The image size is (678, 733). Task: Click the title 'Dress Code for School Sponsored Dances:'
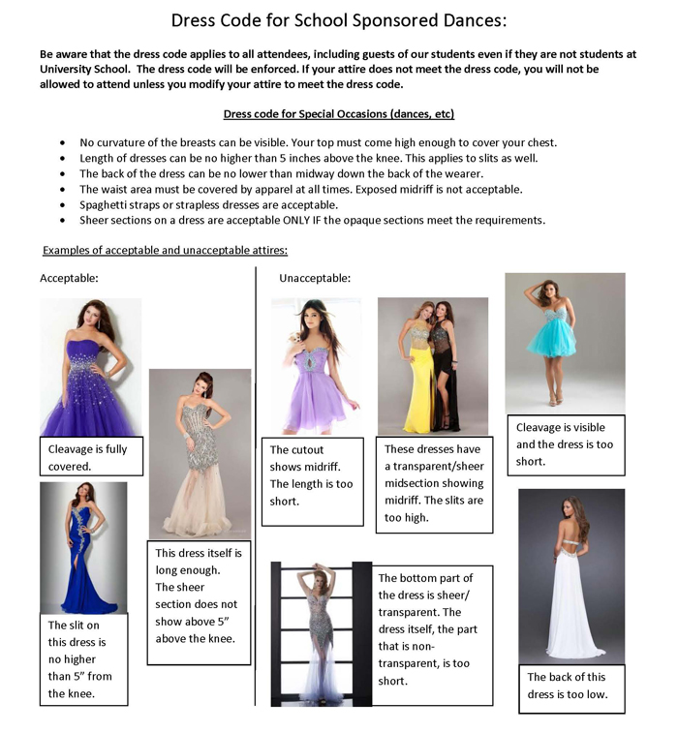point(339,19)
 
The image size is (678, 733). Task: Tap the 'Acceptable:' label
point(69,279)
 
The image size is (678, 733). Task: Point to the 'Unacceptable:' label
point(315,279)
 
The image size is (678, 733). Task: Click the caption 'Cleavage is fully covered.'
point(94,457)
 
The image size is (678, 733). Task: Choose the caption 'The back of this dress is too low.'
point(570,686)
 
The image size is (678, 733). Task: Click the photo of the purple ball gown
point(90,367)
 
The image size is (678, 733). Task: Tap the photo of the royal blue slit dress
point(83,547)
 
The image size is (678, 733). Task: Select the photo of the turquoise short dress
point(565,343)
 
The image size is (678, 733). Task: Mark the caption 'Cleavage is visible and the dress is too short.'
point(566,444)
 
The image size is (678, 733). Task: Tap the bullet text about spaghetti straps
point(207,205)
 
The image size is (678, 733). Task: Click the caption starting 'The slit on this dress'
point(83,658)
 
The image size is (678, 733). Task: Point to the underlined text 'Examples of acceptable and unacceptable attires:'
point(165,251)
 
